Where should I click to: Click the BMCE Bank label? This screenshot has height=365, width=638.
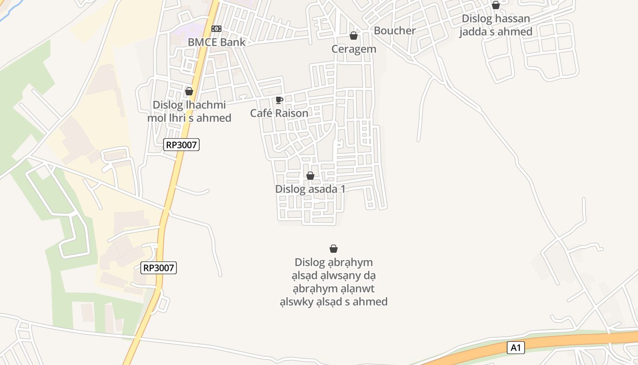coord(216,42)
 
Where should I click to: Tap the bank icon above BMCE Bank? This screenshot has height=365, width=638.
coord(216,29)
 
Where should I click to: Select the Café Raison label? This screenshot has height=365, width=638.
coord(279,113)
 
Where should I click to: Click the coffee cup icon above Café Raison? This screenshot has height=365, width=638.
coord(279,100)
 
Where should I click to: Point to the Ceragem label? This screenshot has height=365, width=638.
coord(354,49)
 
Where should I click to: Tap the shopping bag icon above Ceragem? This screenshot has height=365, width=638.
coord(354,36)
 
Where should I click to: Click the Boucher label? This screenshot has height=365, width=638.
coord(395,31)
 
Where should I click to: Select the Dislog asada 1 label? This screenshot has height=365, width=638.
coord(310,189)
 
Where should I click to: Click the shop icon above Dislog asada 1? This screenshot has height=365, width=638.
coord(310,176)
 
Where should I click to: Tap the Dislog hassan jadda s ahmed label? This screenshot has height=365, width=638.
coord(496,25)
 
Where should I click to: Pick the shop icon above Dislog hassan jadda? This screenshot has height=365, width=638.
coord(496,5)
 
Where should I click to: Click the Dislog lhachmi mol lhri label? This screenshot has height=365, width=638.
coord(189,111)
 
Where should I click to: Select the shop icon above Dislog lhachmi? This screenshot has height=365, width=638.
coord(189,92)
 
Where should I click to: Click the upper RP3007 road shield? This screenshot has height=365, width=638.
coord(182,145)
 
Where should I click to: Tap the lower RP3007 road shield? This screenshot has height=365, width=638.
coord(159,268)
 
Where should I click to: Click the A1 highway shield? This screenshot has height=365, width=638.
coord(515,348)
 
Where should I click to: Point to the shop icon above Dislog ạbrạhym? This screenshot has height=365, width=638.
coord(334,249)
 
